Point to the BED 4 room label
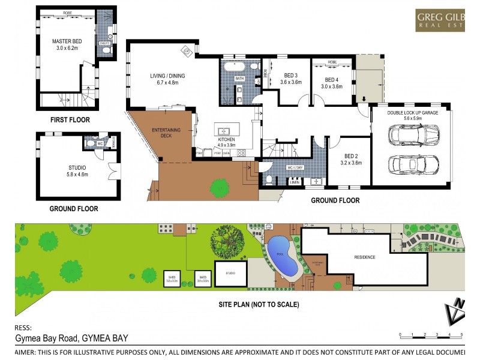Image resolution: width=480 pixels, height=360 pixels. [332, 83]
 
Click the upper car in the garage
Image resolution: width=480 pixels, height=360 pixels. [410, 136]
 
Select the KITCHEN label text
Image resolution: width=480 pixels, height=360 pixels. [227, 142]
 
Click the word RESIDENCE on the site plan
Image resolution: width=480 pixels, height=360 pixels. [364, 257]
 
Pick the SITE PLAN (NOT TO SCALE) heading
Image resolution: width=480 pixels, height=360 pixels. [258, 304]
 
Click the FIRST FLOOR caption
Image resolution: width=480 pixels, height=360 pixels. [70, 120]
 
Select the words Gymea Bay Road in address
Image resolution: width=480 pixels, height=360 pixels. [47, 338]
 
